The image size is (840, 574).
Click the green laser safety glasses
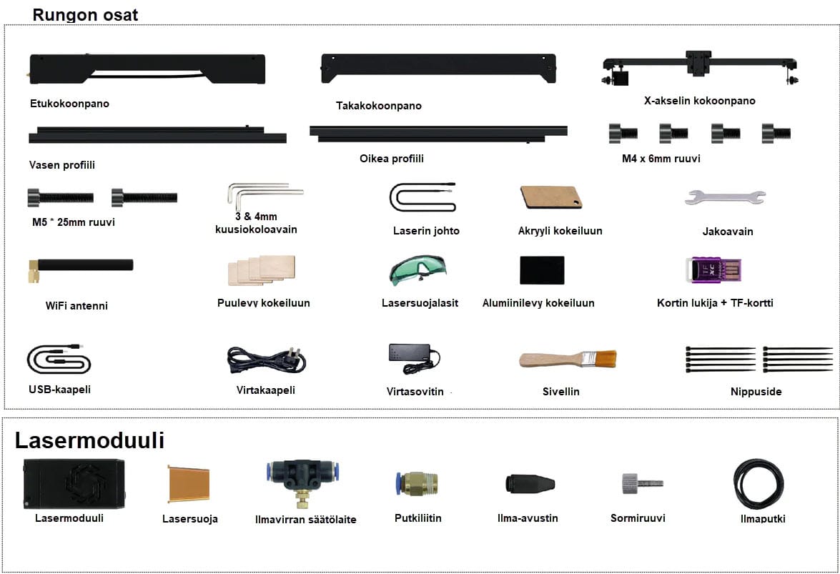coord(417,270)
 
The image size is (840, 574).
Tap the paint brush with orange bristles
coord(567,359)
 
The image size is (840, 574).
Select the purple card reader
coord(712,271)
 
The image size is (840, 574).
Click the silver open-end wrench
coord(724,197)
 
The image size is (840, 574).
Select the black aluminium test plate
coord(542,270)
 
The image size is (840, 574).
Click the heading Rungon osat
coord(85,15)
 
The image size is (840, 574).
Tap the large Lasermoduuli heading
coord(89,440)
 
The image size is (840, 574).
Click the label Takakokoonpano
coord(379,106)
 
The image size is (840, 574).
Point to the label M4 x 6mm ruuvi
coord(661,159)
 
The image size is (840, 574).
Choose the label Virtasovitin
coord(415,392)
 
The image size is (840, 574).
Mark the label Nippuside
coord(756,392)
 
